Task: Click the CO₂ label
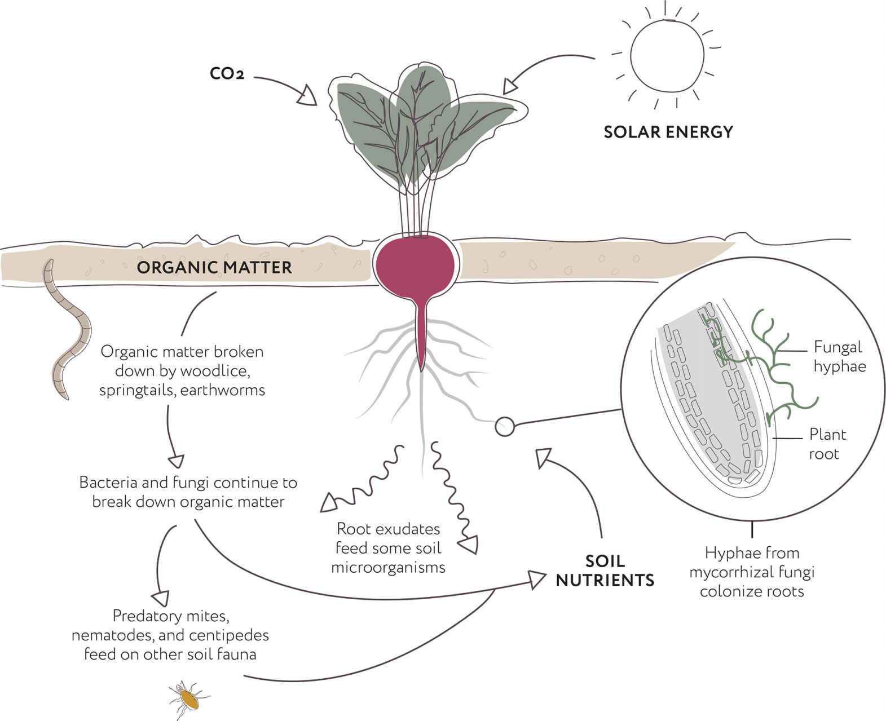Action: click(x=227, y=74)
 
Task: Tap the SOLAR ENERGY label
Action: click(x=668, y=132)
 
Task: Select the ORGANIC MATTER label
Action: click(x=214, y=267)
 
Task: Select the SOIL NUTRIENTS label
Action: click(x=605, y=570)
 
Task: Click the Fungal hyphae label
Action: click(x=840, y=357)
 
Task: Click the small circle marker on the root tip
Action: click(x=505, y=427)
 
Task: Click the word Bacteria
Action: click(x=108, y=483)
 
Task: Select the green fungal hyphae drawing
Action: click(x=761, y=366)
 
